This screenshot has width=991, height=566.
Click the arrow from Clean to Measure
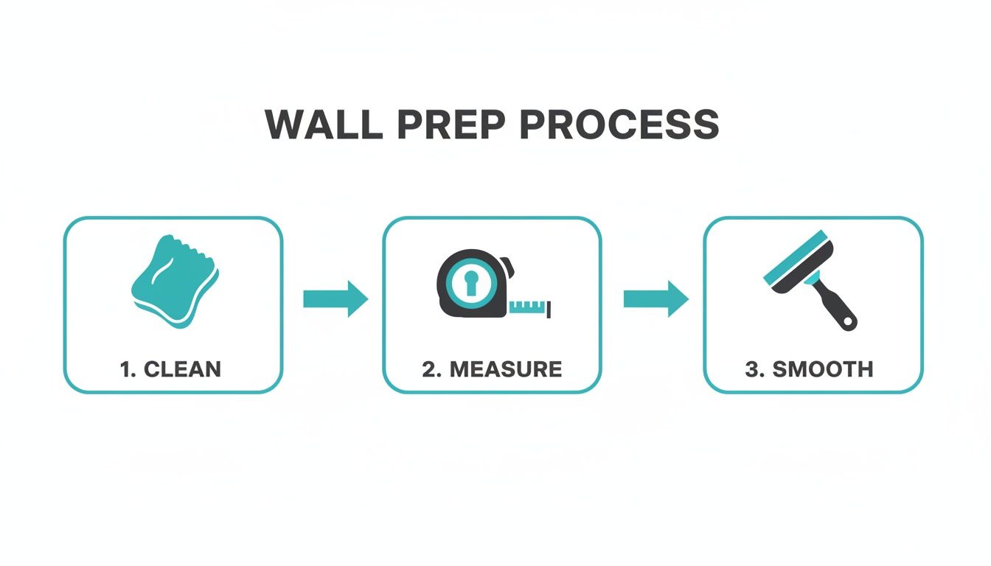[x=335, y=299]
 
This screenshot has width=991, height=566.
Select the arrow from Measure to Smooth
[x=656, y=299]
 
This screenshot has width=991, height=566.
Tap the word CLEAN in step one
[x=182, y=369]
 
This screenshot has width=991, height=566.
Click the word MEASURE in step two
[x=505, y=369]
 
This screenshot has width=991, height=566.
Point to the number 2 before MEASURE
[x=429, y=369]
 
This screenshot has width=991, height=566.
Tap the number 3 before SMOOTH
[x=752, y=369]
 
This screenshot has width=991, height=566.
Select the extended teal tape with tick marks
[x=531, y=307]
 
